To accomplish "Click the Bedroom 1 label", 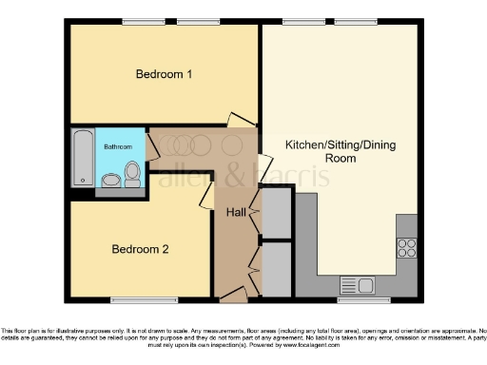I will [164, 74].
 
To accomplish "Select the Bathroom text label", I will [118, 147].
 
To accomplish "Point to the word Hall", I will [236, 212].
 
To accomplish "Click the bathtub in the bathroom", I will [83, 158].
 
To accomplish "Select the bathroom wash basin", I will [111, 180].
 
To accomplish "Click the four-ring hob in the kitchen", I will [407, 248].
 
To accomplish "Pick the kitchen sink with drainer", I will [358, 284].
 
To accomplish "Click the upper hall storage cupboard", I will [276, 213].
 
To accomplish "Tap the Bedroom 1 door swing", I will [242, 121].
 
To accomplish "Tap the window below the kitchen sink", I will [356, 301].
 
